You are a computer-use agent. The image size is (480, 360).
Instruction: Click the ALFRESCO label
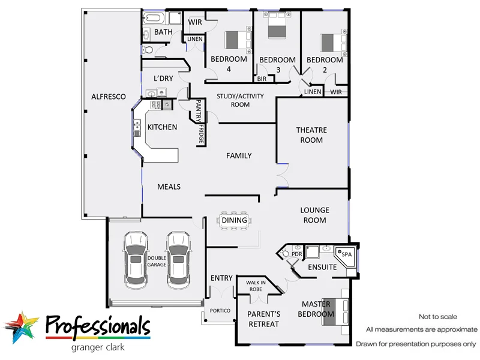coord(108,96)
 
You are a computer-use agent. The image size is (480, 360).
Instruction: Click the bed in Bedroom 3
coord(277,28)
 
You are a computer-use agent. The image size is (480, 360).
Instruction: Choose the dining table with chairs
coord(234,220)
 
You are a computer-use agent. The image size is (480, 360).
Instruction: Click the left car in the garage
coord(135,258)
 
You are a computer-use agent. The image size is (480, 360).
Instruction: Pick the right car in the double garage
coord(178,258)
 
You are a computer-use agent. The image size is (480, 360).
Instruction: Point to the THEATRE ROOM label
coord(310,135)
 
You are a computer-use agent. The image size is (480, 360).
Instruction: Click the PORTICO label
coord(220,311)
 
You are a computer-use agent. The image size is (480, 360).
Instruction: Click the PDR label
coord(296,254)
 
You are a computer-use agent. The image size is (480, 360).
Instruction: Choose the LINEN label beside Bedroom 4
coord(195,39)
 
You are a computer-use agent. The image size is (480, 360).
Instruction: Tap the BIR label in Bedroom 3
coord(262,79)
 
